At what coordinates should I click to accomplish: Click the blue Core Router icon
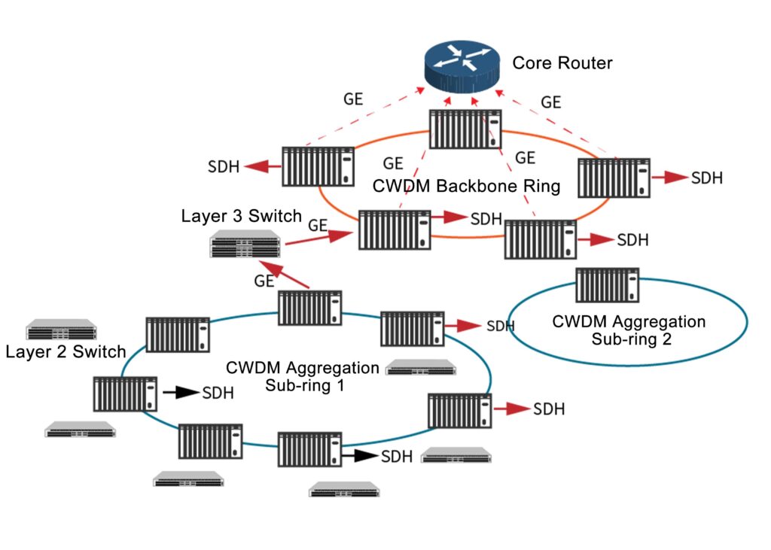tap(460, 64)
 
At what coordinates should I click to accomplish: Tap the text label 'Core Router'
tap(562, 62)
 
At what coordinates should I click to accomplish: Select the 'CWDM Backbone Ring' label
tap(466, 186)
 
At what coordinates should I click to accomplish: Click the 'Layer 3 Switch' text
tap(241, 216)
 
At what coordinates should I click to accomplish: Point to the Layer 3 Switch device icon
tap(245, 246)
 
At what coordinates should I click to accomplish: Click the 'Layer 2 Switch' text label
tap(66, 351)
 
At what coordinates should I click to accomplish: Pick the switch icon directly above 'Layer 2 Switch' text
tap(62, 330)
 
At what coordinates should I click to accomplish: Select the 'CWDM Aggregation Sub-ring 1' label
tap(302, 376)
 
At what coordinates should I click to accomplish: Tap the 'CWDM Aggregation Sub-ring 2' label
tap(629, 330)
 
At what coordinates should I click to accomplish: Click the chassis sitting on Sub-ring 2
tap(607, 287)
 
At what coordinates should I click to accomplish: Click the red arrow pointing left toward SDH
tap(261, 166)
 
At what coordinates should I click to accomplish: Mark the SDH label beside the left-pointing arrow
tap(224, 167)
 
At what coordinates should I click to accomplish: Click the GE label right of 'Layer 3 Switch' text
tap(318, 224)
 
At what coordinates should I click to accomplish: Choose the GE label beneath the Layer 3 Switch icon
tap(264, 281)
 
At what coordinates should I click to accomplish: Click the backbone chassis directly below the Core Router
tap(465, 129)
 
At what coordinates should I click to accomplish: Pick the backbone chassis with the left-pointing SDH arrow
tap(318, 166)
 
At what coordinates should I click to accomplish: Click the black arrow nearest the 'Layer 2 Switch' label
tap(177, 392)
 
